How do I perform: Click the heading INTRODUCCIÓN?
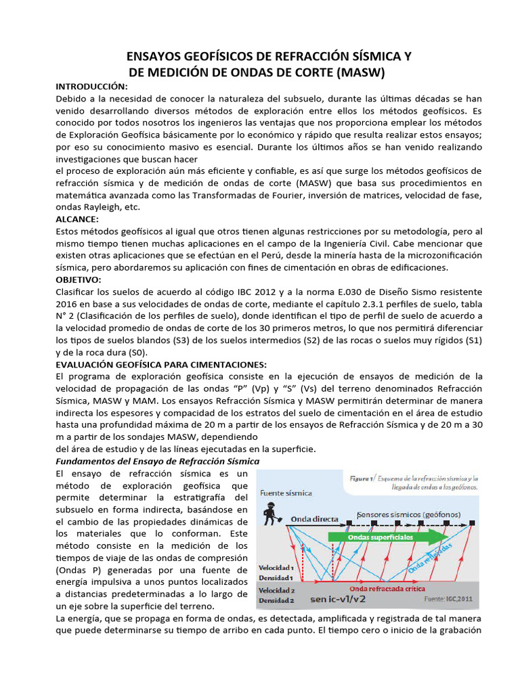[91, 87]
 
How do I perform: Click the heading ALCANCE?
[77, 219]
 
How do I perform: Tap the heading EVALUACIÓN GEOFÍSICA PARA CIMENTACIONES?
[161, 364]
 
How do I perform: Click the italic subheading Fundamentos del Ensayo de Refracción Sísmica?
[156, 461]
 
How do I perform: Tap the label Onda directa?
[314, 519]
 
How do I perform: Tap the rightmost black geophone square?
[471, 523]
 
